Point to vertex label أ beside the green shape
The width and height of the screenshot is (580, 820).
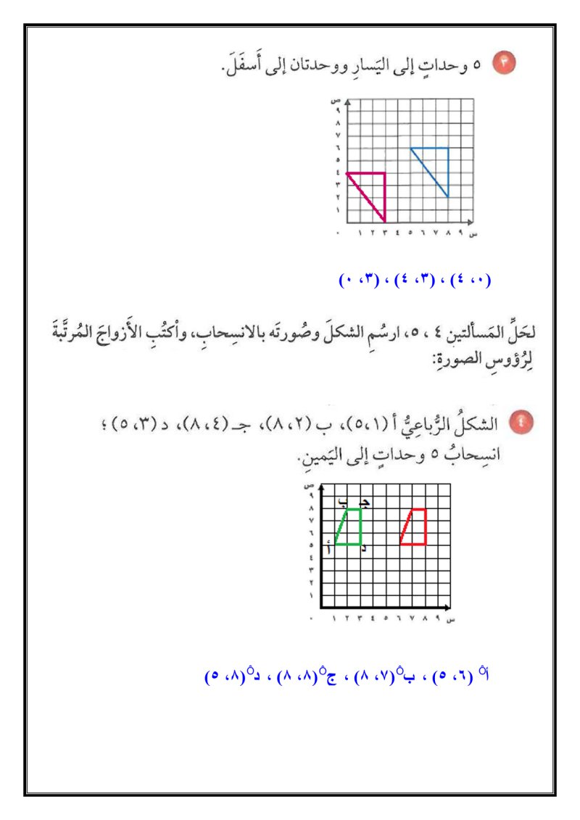pyautogui.click(x=329, y=549)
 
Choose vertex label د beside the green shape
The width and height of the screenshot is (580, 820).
pyautogui.click(x=363, y=549)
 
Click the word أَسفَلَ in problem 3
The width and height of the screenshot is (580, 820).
pyautogui.click(x=245, y=67)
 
